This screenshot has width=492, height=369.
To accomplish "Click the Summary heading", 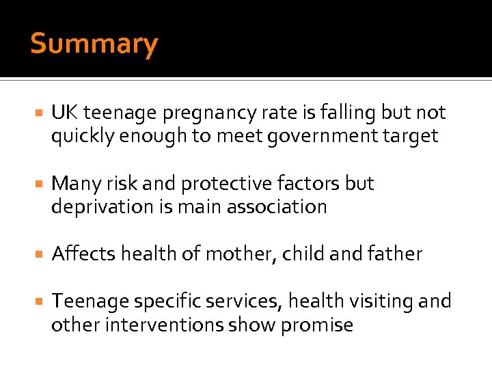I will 94,44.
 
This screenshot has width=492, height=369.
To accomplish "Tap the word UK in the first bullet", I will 64,113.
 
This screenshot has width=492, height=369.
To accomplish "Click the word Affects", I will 83,254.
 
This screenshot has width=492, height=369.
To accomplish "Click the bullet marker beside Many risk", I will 39,184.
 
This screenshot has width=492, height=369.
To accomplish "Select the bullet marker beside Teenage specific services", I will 39,301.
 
